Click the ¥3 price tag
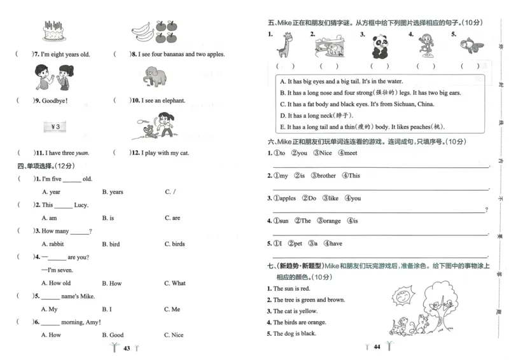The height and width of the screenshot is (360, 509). pyautogui.click(x=55, y=127)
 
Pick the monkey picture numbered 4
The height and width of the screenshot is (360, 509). pyautogui.click(x=426, y=45)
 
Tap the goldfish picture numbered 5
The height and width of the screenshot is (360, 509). pyautogui.click(x=471, y=45)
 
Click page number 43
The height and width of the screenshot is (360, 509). pyautogui.click(x=126, y=348)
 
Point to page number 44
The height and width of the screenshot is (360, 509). pyautogui.click(x=376, y=347)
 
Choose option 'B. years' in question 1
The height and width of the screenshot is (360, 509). pyautogui.click(x=113, y=191)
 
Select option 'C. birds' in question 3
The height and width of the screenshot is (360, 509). pyautogui.click(x=174, y=244)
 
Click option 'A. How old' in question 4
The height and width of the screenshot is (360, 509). pyautogui.click(x=56, y=283)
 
